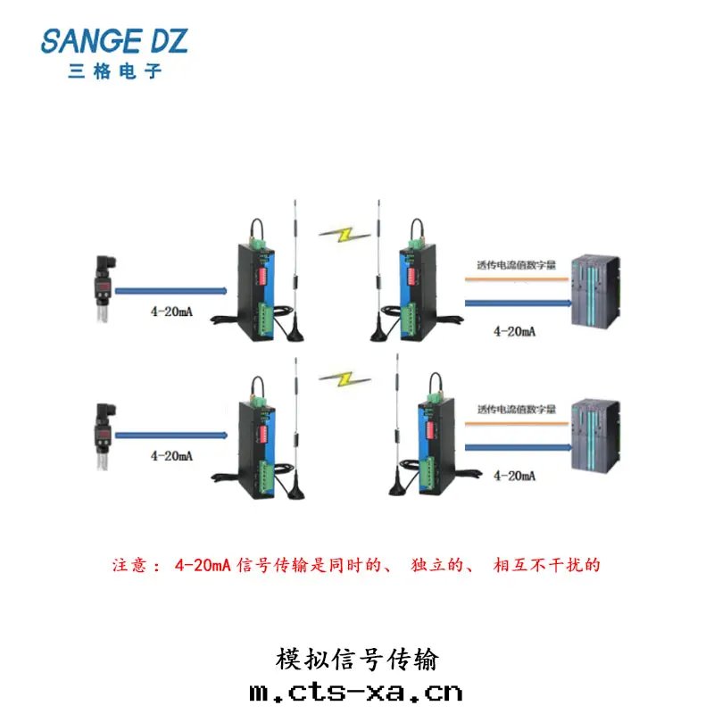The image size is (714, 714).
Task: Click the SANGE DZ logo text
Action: pyautogui.click(x=115, y=41)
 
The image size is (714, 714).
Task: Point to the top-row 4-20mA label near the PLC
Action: pyautogui.click(x=515, y=331)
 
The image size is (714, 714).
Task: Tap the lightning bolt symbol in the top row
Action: pyautogui.click(x=344, y=235)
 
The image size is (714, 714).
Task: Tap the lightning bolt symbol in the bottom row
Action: pyautogui.click(x=344, y=378)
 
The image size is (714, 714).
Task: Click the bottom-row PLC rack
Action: pyautogui.click(x=594, y=436)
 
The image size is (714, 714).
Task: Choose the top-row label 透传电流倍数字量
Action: pyautogui.click(x=517, y=265)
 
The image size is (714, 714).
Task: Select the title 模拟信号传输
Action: pyautogui.click(x=357, y=660)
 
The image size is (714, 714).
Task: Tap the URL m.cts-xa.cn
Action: pyautogui.click(x=357, y=692)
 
